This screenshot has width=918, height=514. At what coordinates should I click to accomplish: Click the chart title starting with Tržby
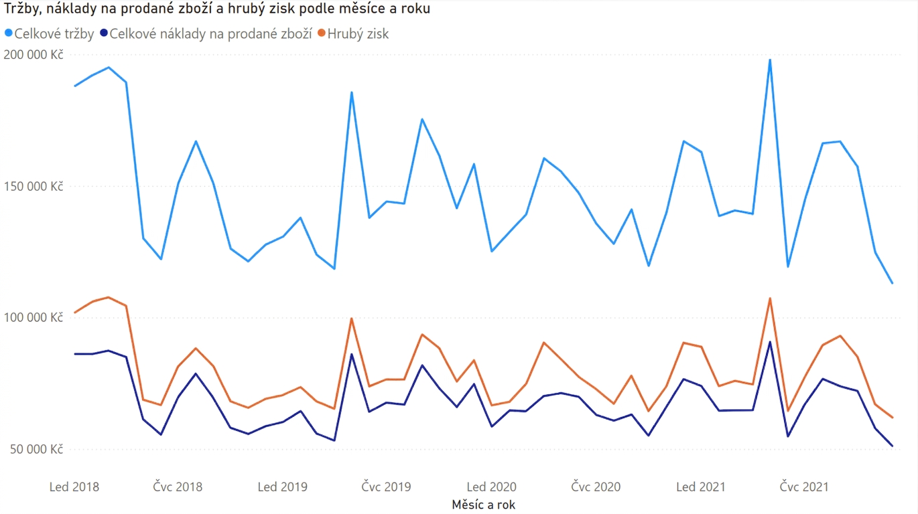[x=217, y=9]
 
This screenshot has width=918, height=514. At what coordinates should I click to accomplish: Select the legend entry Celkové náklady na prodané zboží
[x=206, y=33]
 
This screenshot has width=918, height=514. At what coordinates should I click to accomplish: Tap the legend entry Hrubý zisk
[x=353, y=33]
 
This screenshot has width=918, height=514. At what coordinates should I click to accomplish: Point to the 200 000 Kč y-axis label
[x=34, y=54]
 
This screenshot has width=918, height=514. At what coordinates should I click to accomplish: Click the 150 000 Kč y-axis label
[x=34, y=187]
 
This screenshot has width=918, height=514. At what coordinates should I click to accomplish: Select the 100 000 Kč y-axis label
[x=34, y=317]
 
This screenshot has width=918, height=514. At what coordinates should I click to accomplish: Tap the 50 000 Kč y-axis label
[x=36, y=449]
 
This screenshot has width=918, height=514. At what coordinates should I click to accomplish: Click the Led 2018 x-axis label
[x=74, y=487]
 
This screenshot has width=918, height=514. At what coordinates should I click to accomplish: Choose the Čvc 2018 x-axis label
[x=178, y=487]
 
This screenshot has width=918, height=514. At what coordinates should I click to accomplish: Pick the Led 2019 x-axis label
[x=282, y=487]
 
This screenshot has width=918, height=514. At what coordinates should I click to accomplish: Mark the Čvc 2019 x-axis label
[x=386, y=487]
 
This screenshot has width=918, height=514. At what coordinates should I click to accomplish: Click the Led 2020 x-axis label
[x=491, y=487]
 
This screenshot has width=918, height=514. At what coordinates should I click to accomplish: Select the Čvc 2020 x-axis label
[x=596, y=487]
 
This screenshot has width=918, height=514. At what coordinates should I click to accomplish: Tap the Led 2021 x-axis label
[x=701, y=487]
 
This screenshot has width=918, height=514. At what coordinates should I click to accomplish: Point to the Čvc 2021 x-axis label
[x=804, y=487]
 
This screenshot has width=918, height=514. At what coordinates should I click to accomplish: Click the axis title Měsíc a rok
[x=484, y=505]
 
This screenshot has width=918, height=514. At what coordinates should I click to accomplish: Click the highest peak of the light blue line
[x=770, y=60]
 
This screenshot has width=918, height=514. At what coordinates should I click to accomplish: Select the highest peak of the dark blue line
[x=770, y=342]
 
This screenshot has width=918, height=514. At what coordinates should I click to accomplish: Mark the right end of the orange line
[x=892, y=418]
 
